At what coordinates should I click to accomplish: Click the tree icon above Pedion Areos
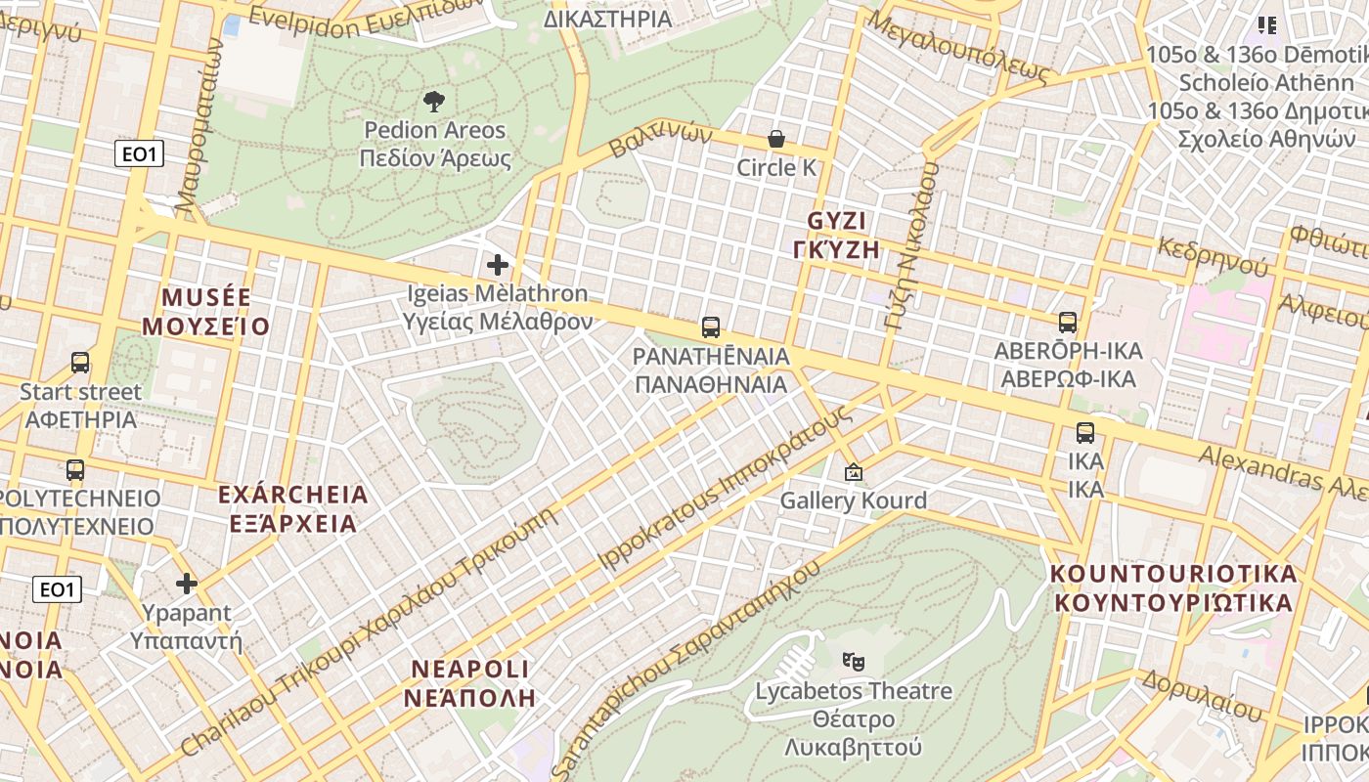point(433,101)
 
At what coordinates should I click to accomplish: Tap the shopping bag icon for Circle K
point(776,139)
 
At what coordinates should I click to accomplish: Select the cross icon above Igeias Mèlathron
point(498,264)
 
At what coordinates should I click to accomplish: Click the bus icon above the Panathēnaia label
point(711,326)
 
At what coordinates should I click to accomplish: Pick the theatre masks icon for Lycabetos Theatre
point(854,662)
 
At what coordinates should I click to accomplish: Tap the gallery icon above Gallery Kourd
point(854,472)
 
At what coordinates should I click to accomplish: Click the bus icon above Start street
point(80,363)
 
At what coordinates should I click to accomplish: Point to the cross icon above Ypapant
point(186,585)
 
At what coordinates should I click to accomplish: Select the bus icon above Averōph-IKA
point(1068,322)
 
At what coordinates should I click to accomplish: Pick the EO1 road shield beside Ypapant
point(58,589)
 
